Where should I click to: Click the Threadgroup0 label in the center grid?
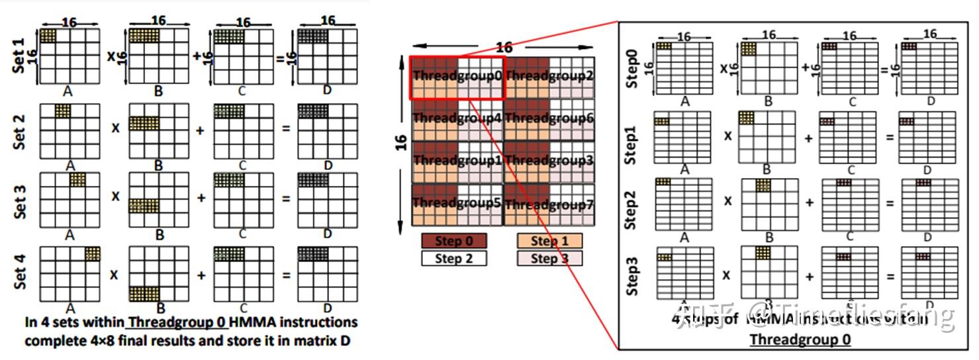pos(458,75)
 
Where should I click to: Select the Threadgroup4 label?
pos(458,119)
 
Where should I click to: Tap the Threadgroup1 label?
pos(458,160)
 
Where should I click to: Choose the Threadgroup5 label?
pos(458,203)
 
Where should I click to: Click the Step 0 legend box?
pos(454,241)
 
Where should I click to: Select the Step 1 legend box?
pos(549,241)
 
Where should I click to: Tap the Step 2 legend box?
pos(454,258)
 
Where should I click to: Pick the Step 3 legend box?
pos(549,258)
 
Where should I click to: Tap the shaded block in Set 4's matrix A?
pos(92,254)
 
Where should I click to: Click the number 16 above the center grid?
pos(504,47)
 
